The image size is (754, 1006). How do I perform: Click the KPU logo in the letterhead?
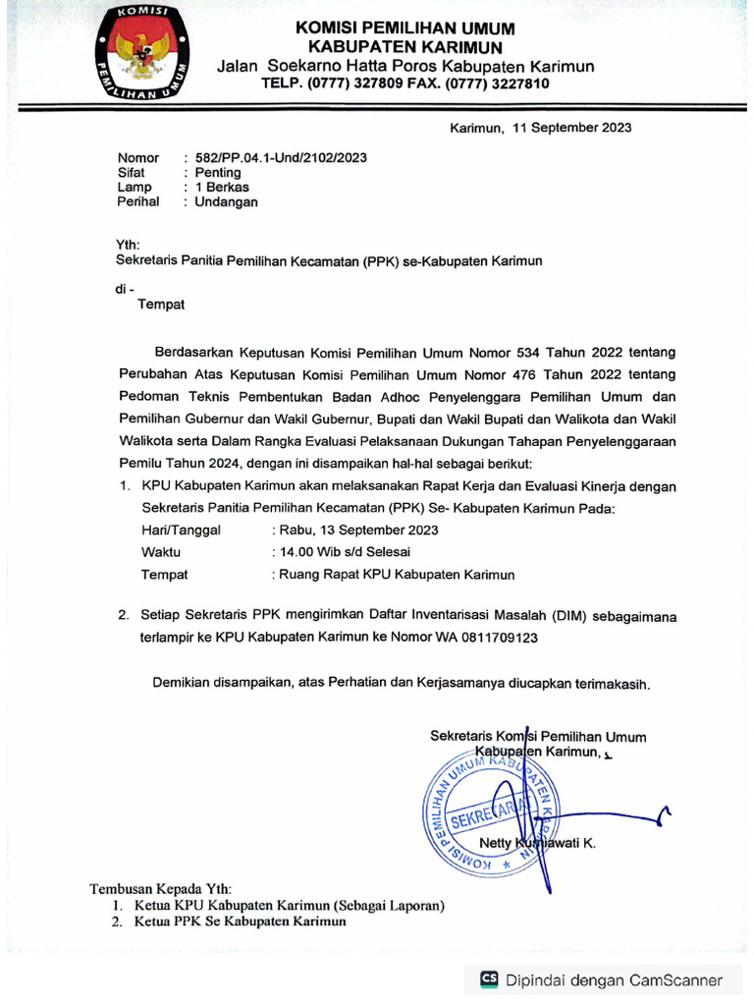pos(143,57)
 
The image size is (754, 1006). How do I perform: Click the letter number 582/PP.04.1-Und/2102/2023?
pos(281,157)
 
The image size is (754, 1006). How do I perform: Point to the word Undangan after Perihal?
pos(226,202)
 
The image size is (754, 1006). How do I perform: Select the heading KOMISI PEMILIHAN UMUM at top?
pos(404,28)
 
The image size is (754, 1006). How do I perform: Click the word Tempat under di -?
pos(161,305)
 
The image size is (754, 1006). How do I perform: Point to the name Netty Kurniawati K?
pos(536,843)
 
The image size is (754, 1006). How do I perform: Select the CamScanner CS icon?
pos(489,978)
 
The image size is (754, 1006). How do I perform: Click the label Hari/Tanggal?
pos(181,530)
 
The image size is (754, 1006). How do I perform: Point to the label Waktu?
pos(161,552)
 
